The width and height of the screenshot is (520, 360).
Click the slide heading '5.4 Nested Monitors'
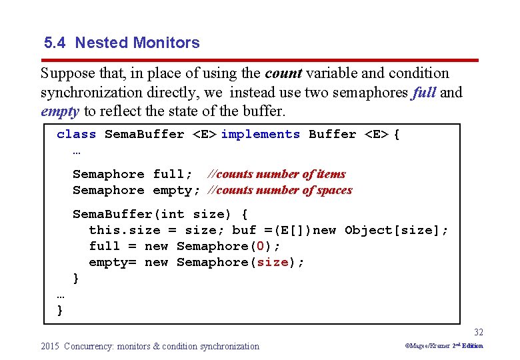pyautogui.click(x=121, y=43)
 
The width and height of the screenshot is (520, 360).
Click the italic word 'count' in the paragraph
pyautogui.click(x=283, y=73)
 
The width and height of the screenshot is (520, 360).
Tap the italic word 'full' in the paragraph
pyautogui.click(x=424, y=92)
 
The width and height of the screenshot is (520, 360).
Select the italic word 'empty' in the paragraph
pyautogui.click(x=60, y=111)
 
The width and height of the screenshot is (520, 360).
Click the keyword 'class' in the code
pyautogui.click(x=76, y=134)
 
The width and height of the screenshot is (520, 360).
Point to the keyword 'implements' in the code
pyautogui.click(x=260, y=134)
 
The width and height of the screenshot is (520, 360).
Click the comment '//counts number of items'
pyautogui.click(x=277, y=174)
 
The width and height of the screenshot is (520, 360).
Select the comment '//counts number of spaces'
pyautogui.click(x=280, y=190)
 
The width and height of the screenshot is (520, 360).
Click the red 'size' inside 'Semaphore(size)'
pyautogui.click(x=273, y=262)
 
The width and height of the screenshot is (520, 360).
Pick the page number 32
pyautogui.click(x=479, y=332)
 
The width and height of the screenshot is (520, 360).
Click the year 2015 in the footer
pyautogui.click(x=50, y=346)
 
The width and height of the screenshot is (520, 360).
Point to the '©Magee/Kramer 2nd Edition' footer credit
pyautogui.click(x=444, y=346)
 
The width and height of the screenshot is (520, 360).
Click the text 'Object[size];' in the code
pyautogui.click(x=396, y=230)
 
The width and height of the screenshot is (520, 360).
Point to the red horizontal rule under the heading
pyautogui.click(x=259, y=60)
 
